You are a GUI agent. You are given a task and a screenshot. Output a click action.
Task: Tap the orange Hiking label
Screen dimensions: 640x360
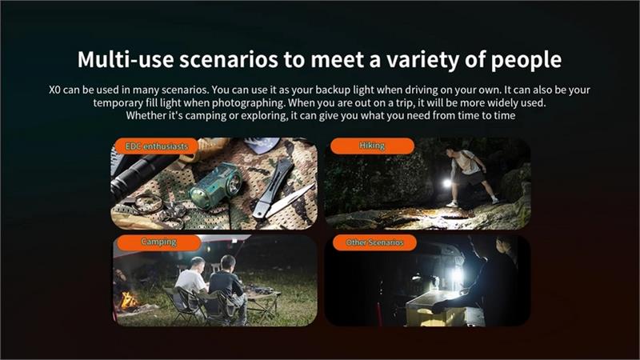[x=372, y=146]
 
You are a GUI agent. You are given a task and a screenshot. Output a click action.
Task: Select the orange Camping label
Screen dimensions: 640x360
[x=158, y=242]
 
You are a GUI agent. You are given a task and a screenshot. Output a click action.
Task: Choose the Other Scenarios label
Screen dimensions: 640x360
[x=374, y=242]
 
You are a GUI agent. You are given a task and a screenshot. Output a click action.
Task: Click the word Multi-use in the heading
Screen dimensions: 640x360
[x=126, y=59]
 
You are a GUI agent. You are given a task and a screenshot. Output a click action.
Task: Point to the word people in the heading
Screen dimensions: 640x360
[x=526, y=61]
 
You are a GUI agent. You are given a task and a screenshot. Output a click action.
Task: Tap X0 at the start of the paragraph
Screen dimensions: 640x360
[x=54, y=90]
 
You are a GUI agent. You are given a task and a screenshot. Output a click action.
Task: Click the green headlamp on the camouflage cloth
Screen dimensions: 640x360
[x=216, y=185]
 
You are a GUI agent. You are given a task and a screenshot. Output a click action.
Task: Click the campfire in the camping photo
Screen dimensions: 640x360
[x=129, y=301]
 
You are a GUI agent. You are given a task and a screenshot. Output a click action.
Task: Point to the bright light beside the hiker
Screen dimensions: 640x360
[x=447, y=183]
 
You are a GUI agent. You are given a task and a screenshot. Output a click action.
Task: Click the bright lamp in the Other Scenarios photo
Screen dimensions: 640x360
[x=457, y=274]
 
